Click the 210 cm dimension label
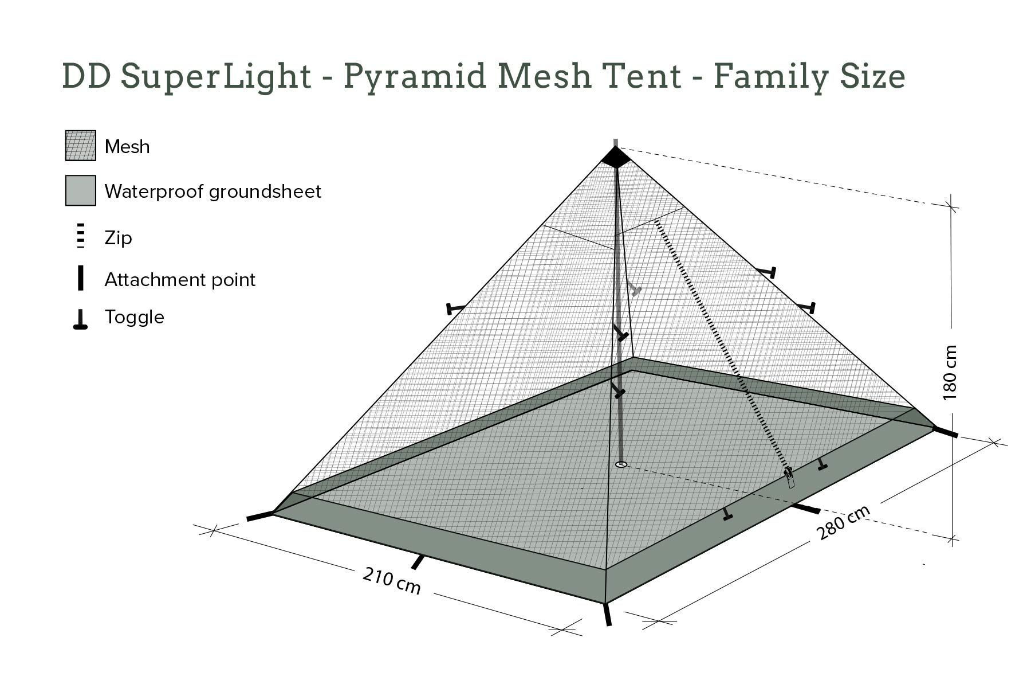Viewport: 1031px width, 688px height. [392, 581]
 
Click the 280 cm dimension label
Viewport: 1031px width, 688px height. [843, 522]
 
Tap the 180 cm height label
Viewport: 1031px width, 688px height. [949, 372]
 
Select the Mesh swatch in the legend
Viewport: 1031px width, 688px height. [81, 146]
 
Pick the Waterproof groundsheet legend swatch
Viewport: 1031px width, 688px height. [81, 190]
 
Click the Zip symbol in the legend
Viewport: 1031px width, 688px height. [81, 236]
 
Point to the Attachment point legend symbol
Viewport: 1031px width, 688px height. [81, 278]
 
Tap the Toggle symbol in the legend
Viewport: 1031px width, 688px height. [80, 319]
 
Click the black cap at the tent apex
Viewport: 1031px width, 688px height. [615, 157]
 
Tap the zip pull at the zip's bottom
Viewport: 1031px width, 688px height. [790, 478]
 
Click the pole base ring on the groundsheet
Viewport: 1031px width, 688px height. [621, 464]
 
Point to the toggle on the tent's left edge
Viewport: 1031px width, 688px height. [456, 308]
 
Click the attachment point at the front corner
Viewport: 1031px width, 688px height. [607, 614]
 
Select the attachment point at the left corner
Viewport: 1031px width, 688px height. [259, 515]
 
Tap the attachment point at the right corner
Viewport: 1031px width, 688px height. [946, 432]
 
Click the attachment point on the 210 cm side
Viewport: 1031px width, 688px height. [419, 562]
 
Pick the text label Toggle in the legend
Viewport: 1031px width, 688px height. [134, 318]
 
